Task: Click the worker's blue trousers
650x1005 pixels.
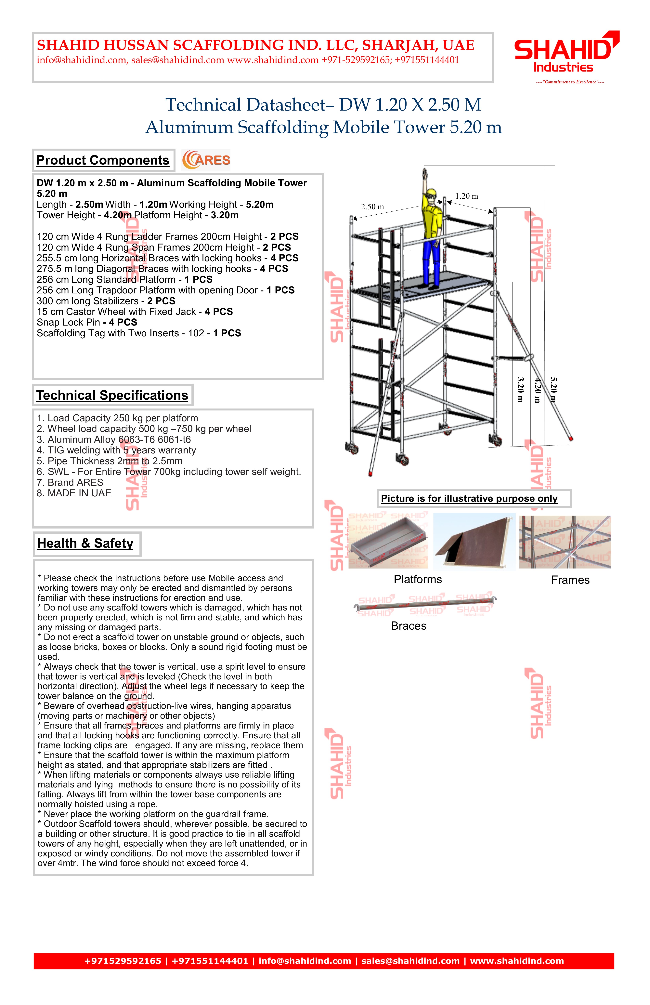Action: tap(433, 262)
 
